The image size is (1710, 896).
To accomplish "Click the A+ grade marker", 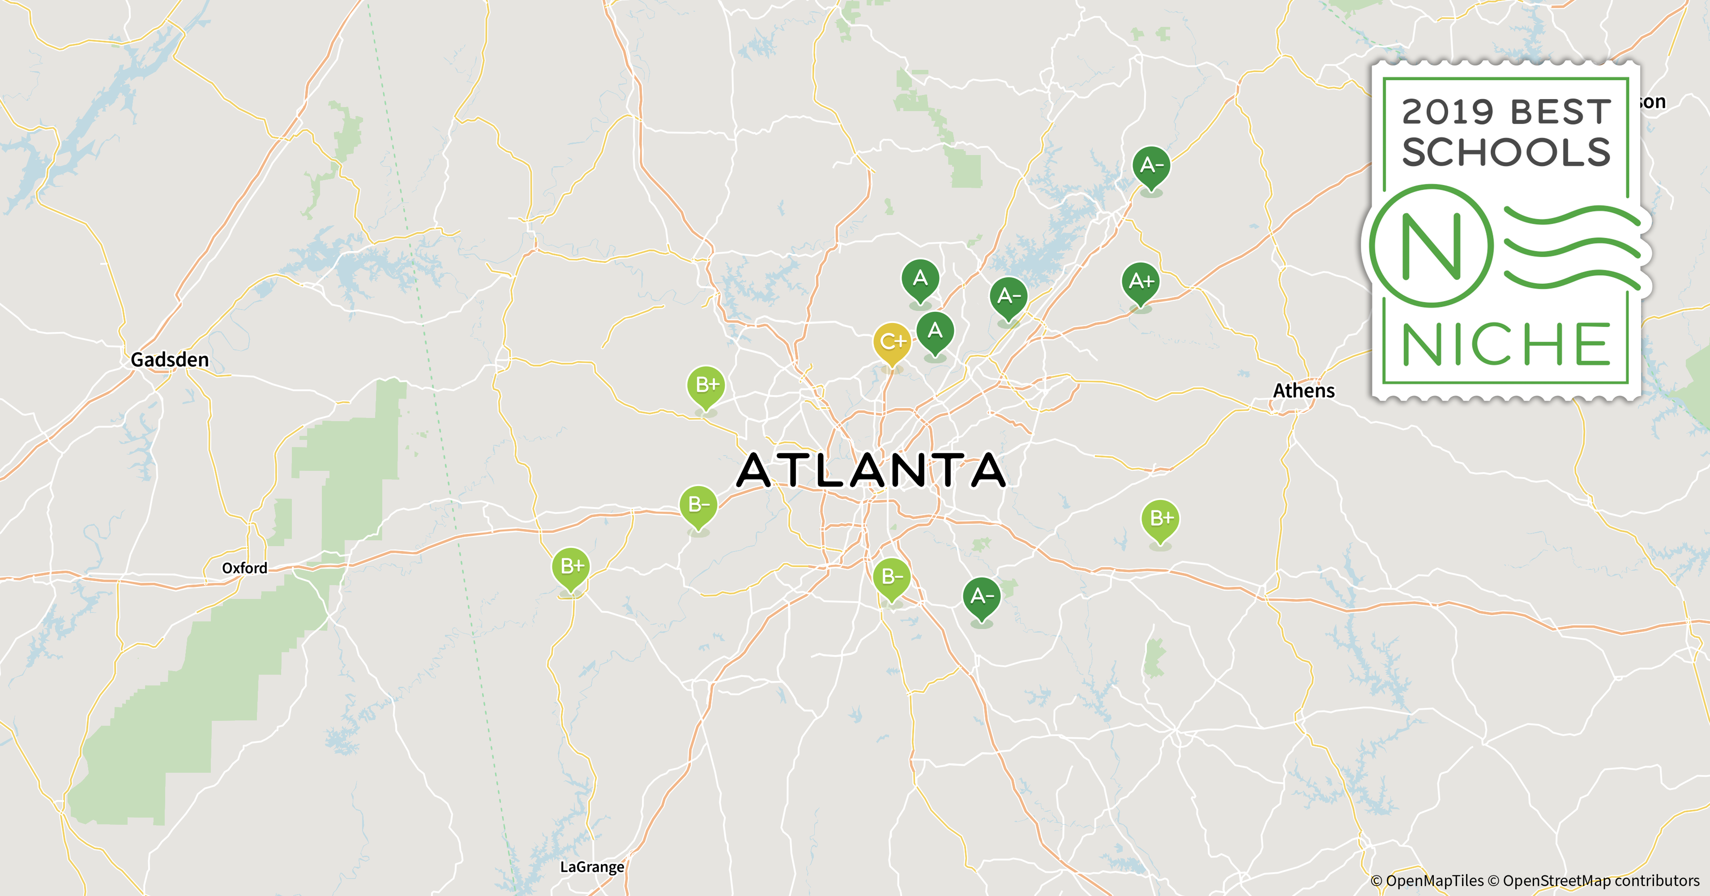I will [1141, 282].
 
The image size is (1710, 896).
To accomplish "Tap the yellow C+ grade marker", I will [892, 343].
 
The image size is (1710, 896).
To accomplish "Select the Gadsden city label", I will [169, 360].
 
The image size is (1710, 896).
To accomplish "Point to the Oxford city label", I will [244, 568].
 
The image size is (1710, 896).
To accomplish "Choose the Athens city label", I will [1303, 391].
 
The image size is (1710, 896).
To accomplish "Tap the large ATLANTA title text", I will [872, 470].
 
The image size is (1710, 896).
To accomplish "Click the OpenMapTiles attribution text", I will [1427, 881].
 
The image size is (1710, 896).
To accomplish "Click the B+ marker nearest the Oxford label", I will [571, 567].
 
